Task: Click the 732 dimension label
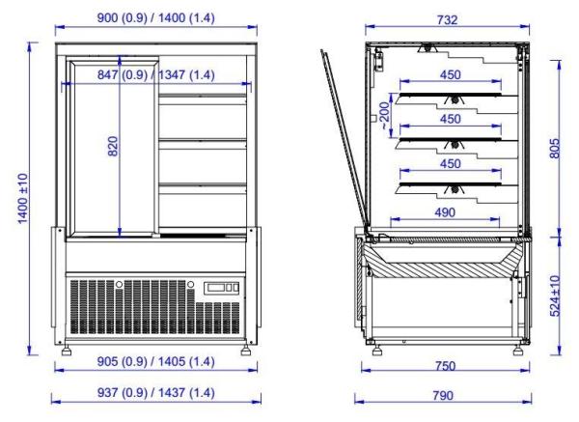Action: pos(447,19)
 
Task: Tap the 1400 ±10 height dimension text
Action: pos(23,198)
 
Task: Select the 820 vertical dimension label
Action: pos(113,147)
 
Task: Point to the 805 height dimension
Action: pos(554,149)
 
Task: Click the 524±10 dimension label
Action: pos(555,296)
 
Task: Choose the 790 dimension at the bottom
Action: pos(443,396)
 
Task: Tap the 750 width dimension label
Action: pos(445,366)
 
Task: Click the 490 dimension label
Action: pos(445,212)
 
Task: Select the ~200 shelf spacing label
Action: pos(384,116)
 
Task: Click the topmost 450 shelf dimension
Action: pos(451,74)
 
